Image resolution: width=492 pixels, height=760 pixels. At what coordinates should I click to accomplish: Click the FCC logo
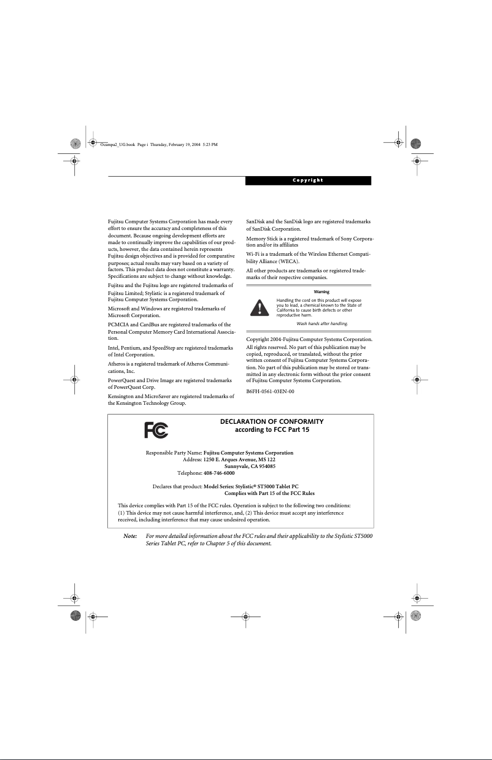(x=156, y=431)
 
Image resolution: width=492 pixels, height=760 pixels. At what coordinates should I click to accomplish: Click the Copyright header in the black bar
(x=308, y=180)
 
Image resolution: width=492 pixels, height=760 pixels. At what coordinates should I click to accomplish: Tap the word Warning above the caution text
(x=321, y=291)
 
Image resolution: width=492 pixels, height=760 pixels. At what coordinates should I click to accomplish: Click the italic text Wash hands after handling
(x=322, y=323)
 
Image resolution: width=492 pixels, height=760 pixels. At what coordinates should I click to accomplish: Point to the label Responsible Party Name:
(x=174, y=453)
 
